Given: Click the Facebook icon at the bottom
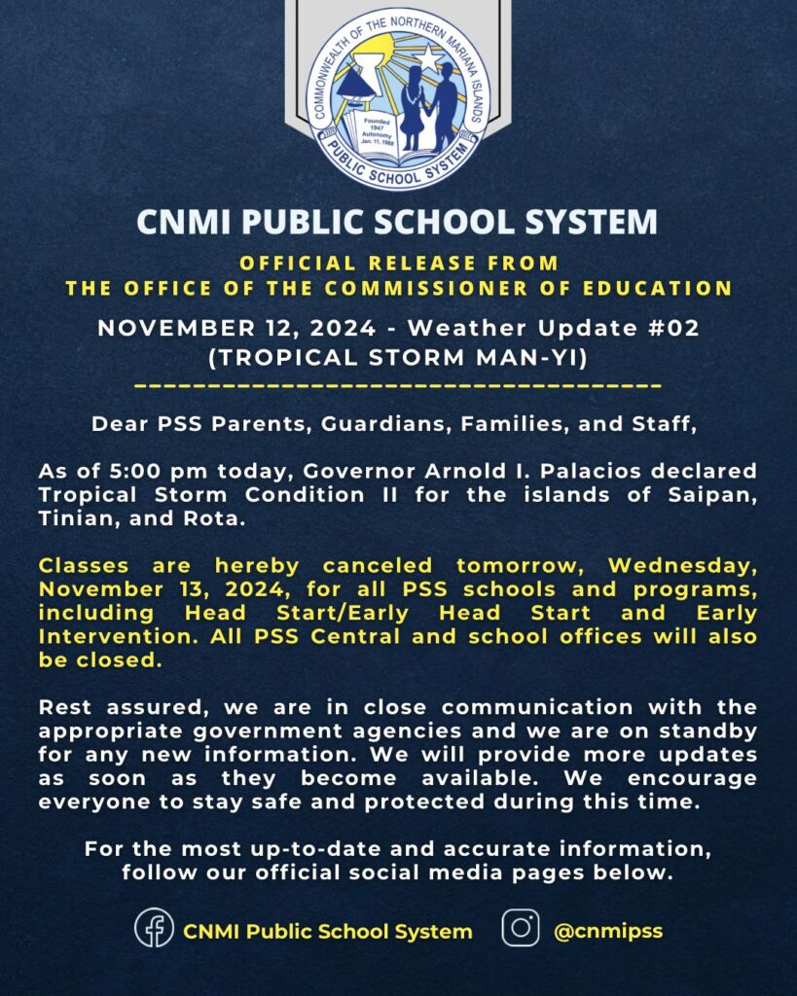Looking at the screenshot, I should click(x=154, y=928).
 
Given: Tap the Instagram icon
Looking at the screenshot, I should click(x=521, y=928).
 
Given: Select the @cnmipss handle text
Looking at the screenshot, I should click(x=608, y=930).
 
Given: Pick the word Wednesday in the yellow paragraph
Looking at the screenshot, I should click(x=682, y=566).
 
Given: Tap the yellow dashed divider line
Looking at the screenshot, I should click(x=398, y=387).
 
